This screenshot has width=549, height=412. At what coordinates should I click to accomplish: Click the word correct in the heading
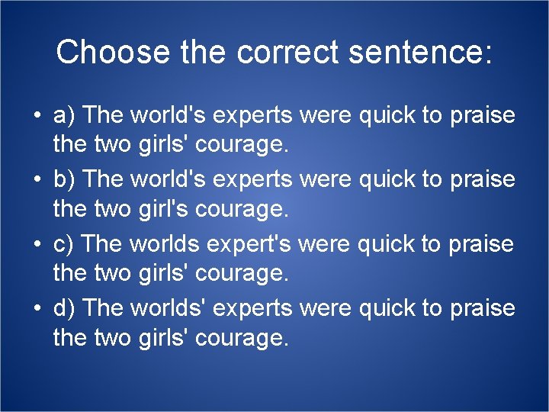287,52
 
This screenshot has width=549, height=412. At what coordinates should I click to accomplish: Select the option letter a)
63,115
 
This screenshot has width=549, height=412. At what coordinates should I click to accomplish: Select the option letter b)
63,179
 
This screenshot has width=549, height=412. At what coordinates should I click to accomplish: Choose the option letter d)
63,307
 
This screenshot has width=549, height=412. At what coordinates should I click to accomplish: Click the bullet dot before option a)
36,116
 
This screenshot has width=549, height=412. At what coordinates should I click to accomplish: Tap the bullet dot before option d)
36,308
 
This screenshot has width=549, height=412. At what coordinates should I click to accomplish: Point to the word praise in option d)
483,307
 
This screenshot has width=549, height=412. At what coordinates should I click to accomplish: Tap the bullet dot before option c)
36,245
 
